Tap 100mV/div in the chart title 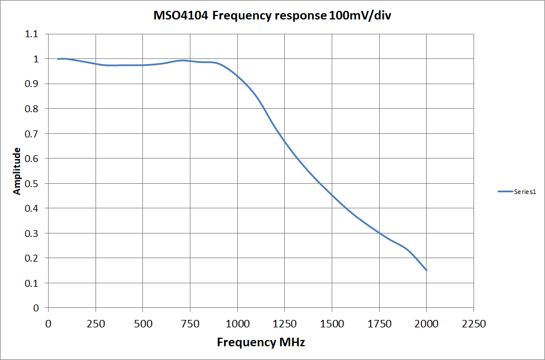point(360,16)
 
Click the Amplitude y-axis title point(17,171)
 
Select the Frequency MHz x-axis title point(261,342)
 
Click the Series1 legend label point(525,192)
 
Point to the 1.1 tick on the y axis point(33,34)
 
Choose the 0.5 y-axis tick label point(33,184)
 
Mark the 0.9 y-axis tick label point(33,84)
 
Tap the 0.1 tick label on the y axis point(33,283)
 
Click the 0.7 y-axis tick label point(33,134)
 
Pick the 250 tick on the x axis point(96,324)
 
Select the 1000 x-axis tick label point(237,324)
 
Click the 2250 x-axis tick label point(474,324)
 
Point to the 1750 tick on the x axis point(379,324)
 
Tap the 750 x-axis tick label point(190,324)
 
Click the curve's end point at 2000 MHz point(426,270)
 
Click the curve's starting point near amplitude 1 point(58,59)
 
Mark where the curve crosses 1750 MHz point(379,233)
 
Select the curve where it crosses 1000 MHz point(237,76)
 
